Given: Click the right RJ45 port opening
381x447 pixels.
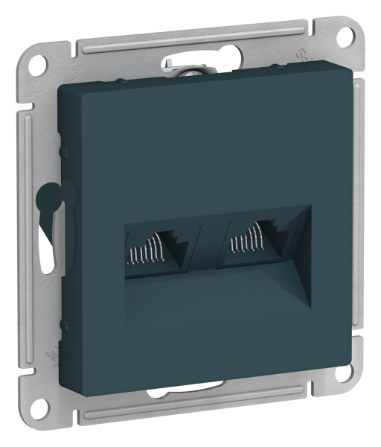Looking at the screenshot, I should point(249,246).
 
